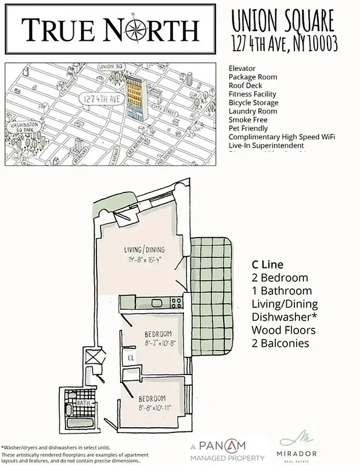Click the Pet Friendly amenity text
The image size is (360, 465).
tap(248, 128)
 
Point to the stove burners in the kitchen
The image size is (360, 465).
tap(175, 302)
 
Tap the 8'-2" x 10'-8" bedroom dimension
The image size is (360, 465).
tap(159, 343)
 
